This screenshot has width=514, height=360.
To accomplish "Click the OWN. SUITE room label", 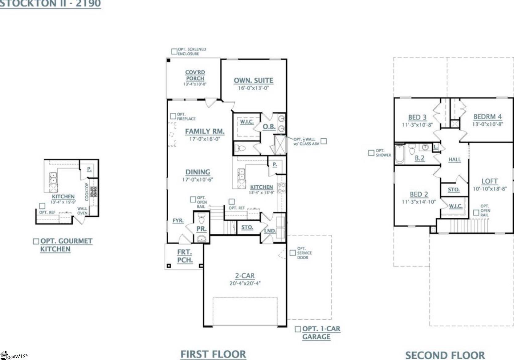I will click(x=253, y=80).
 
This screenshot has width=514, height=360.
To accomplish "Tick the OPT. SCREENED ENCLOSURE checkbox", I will click(x=174, y=51).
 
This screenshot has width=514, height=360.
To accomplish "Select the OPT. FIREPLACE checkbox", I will click(x=173, y=116).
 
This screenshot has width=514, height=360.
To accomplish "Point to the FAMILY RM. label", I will click(x=205, y=131).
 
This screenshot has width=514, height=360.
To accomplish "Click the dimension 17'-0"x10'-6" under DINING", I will click(x=198, y=180).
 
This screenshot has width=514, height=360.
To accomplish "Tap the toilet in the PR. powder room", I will click(x=202, y=220).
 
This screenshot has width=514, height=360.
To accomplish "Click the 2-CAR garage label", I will click(x=245, y=276).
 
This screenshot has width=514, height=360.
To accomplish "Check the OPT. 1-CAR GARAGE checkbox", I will click(x=298, y=329).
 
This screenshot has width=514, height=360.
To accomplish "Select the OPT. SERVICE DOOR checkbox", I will click(x=292, y=253).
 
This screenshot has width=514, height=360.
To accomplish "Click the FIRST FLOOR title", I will click(x=213, y=354).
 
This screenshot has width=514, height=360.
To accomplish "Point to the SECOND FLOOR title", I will click(x=445, y=355).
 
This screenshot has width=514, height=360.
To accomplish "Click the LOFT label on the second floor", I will click(x=490, y=181).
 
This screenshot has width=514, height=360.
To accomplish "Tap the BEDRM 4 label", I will click(x=487, y=117).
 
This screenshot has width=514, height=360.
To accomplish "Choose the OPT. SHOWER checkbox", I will click(x=371, y=153).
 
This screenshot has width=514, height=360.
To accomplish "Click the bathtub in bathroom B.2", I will click(x=399, y=154).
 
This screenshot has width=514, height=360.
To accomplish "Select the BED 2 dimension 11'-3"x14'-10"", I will click(x=418, y=202).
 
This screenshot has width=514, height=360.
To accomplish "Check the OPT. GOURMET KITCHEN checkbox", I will click(x=36, y=241).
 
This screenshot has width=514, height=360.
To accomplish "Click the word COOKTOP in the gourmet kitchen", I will click(x=87, y=192).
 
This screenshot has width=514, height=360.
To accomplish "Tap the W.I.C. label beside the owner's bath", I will click(x=247, y=122).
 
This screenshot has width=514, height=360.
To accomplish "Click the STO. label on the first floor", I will click(x=247, y=227).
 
